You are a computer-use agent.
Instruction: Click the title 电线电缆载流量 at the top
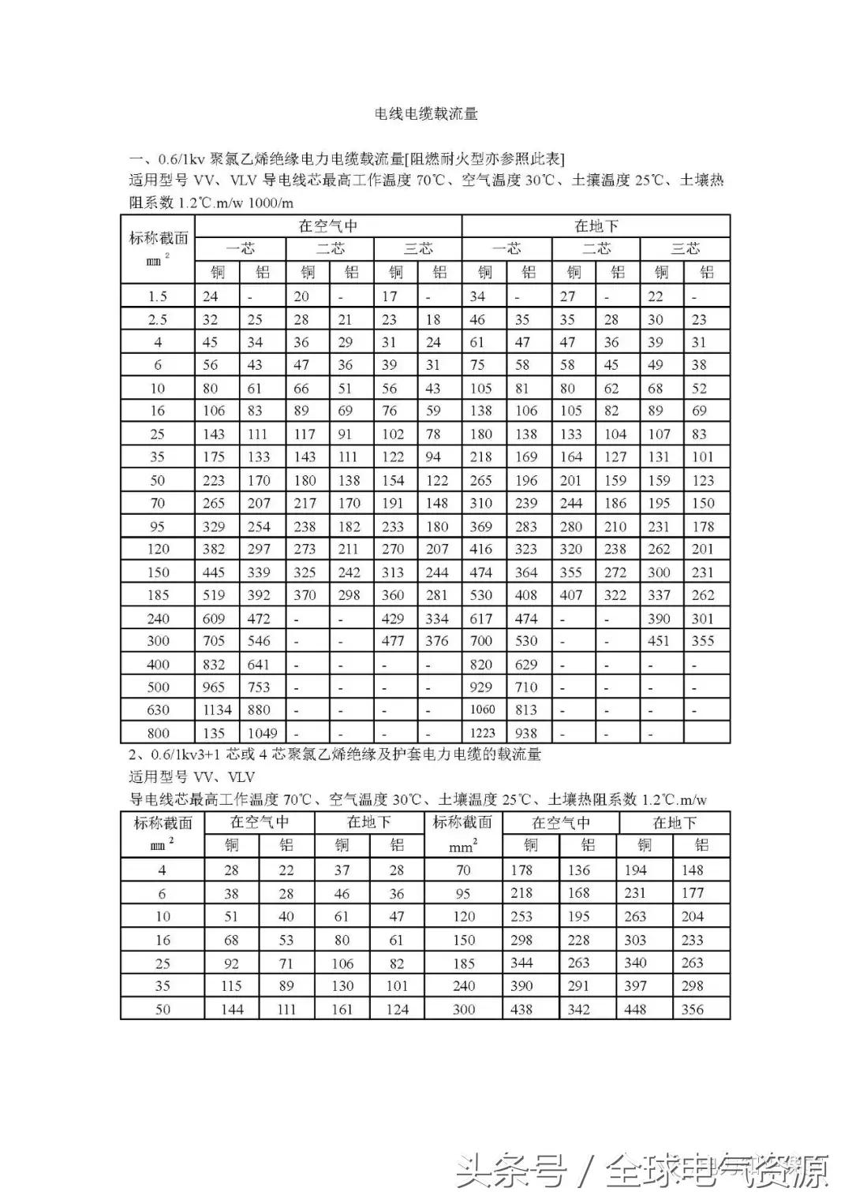[426, 114]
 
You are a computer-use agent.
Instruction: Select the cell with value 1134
[217, 710]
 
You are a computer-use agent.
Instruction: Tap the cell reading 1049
[262, 732]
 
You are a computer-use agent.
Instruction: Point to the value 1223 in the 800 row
[482, 732]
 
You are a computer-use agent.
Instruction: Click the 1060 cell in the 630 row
[482, 710]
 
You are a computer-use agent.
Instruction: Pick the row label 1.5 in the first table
[158, 296]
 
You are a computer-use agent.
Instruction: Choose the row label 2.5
[158, 319]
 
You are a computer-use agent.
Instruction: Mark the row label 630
[158, 710]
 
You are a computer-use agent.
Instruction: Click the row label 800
[158, 732]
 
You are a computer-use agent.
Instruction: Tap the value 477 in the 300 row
[393, 641]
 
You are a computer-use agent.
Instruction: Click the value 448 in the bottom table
[636, 1009]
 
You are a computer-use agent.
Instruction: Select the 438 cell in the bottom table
[521, 1009]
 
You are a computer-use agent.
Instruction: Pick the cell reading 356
[692, 1009]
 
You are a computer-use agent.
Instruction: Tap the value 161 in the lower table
[342, 1009]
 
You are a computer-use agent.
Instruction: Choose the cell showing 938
[526, 732]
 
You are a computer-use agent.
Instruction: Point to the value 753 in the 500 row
[259, 687]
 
